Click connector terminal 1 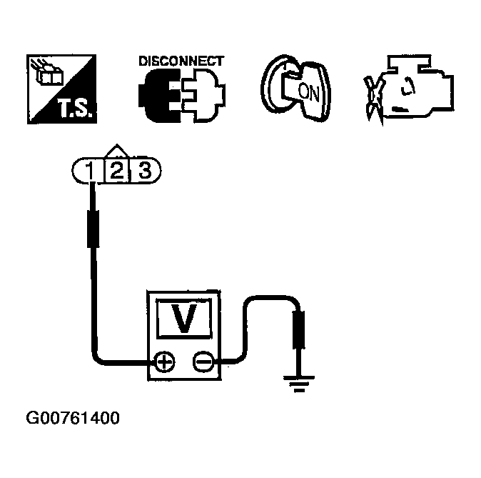point(89,170)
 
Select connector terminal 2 point(117,170)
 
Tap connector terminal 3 point(144,170)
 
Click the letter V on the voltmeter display point(184,319)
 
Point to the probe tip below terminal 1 point(92,227)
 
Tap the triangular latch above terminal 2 point(117,151)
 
